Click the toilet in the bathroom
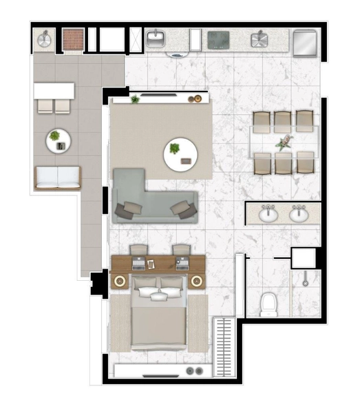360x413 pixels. [268, 304]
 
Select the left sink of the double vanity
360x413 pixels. [268, 215]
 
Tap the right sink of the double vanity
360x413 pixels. [298, 215]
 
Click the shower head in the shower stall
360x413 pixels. [304, 281]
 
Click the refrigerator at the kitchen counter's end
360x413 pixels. [304, 43]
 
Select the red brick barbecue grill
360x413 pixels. [72, 40]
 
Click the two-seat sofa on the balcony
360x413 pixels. [57, 178]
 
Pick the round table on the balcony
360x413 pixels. [59, 141]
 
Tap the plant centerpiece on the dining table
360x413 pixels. [284, 143]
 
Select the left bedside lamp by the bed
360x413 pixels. [120, 281]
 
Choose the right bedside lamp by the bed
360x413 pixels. [197, 281]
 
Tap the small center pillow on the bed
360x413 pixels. [159, 297]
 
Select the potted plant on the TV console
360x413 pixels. [136, 100]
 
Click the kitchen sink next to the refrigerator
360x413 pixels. [260, 39]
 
